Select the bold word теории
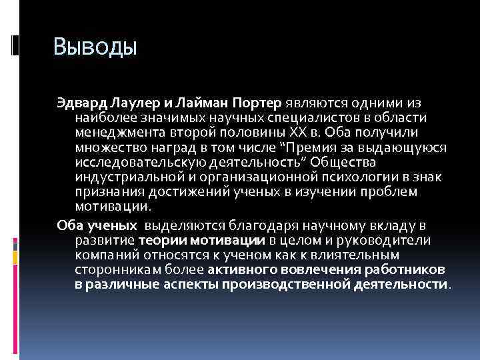point(163,240)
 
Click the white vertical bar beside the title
point(15,45)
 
